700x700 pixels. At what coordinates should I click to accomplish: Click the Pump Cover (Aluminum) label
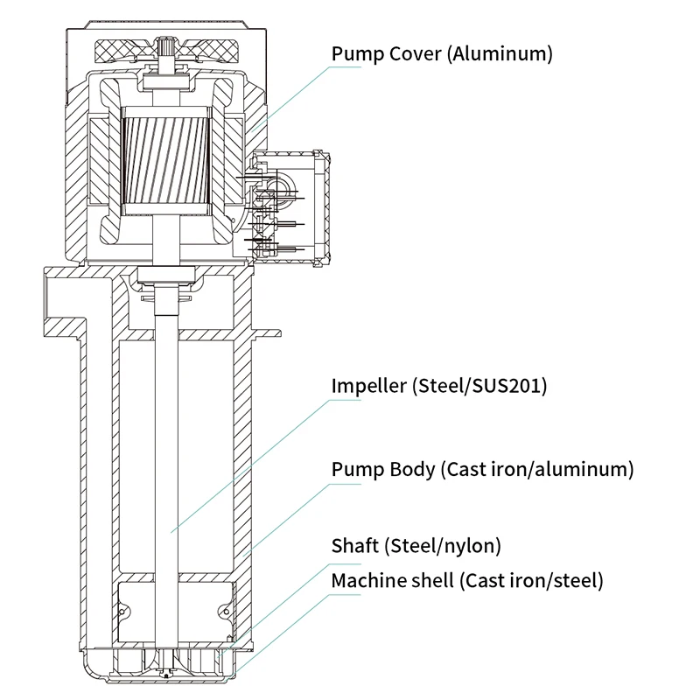(x=442, y=54)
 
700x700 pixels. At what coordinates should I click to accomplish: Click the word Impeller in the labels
(x=368, y=387)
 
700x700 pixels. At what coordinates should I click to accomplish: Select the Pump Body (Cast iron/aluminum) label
(x=482, y=469)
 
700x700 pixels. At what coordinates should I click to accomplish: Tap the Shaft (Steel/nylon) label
(x=416, y=546)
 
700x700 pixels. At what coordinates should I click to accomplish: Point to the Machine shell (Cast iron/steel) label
(x=467, y=580)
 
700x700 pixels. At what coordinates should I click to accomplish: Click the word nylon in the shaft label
(x=473, y=546)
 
